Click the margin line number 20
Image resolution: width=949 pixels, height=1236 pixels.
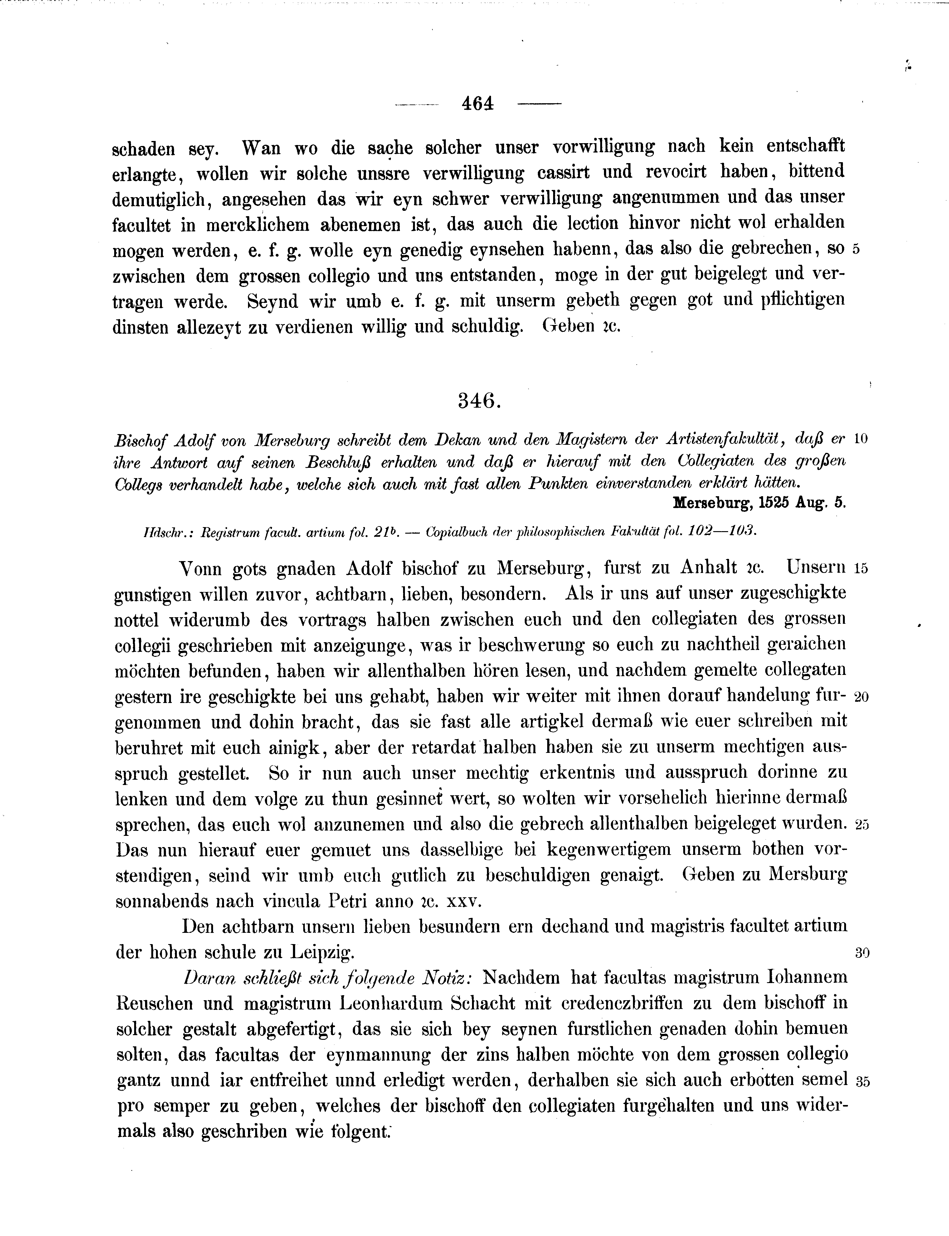click(x=861, y=697)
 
